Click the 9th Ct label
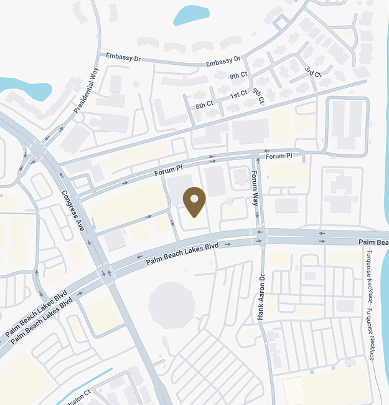pos(238,76)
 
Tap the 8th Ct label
pos(204,105)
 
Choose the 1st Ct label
pos(238,95)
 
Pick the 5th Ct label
pos(258,95)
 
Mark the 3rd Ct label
pos(313,72)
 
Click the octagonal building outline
pos(172,304)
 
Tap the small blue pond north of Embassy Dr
pos(191,14)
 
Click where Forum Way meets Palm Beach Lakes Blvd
pos(260,237)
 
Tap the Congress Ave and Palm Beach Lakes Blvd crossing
pos(107,272)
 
